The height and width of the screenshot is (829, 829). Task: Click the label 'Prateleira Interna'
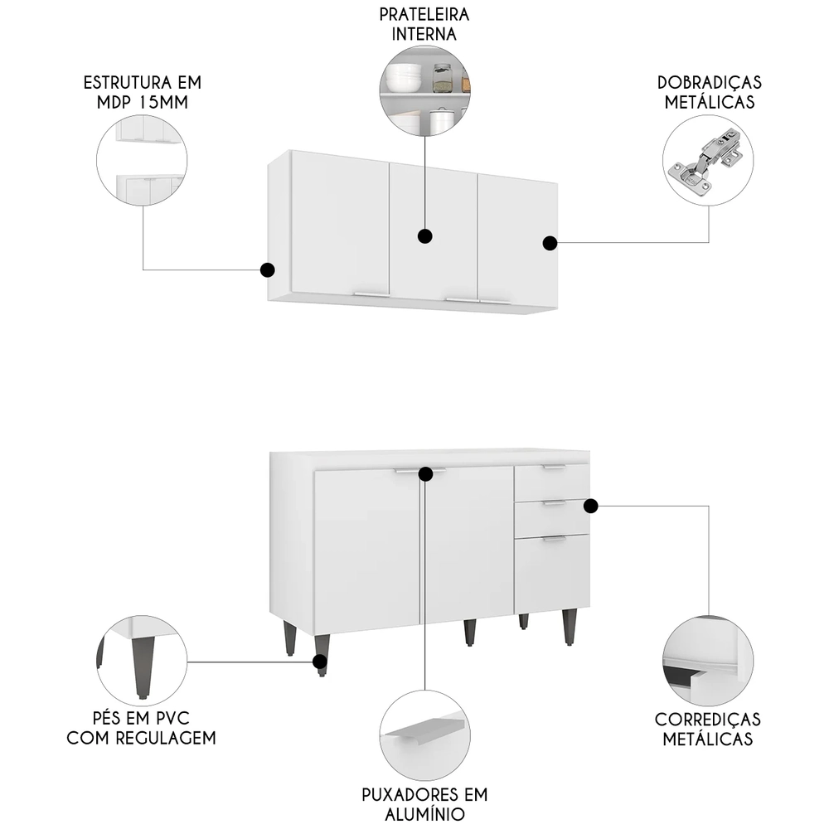(424, 25)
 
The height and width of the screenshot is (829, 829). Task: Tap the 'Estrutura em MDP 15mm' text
(143, 93)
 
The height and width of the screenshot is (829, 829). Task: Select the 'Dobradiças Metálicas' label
(709, 93)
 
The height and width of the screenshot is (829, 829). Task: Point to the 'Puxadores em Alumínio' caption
(424, 803)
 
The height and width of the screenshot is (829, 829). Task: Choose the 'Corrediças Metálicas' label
(708, 729)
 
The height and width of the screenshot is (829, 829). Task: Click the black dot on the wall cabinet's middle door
(425, 236)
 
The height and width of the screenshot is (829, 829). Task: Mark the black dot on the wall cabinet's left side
(267, 269)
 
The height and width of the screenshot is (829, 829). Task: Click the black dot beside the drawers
(591, 506)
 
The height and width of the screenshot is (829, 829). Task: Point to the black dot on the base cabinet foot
(319, 661)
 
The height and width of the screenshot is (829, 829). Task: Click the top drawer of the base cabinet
(551, 480)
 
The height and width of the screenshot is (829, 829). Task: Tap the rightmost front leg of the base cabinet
(570, 627)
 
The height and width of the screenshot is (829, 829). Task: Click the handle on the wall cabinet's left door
(371, 293)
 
